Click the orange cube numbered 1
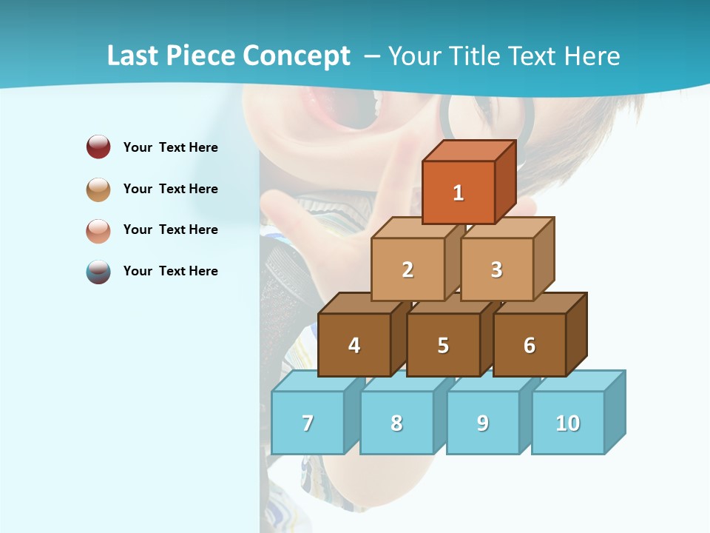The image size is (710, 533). (459, 192)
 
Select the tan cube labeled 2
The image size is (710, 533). (408, 269)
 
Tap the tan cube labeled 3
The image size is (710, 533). (496, 269)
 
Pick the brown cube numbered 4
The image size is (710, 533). (354, 345)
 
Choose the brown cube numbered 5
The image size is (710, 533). (443, 345)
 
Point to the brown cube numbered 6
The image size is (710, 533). (530, 345)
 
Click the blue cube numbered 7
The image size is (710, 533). (308, 423)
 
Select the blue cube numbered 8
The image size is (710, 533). (396, 423)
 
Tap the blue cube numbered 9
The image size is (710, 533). (483, 423)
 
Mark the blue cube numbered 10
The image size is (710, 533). (568, 423)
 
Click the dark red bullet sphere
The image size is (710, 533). (98, 147)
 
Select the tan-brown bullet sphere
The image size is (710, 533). (98, 189)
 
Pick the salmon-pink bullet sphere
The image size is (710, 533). (98, 230)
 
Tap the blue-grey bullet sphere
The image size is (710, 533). (98, 272)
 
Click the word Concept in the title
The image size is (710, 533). (297, 56)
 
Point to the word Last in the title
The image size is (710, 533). (135, 56)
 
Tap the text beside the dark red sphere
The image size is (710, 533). (171, 147)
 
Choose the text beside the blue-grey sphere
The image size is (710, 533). (171, 271)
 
